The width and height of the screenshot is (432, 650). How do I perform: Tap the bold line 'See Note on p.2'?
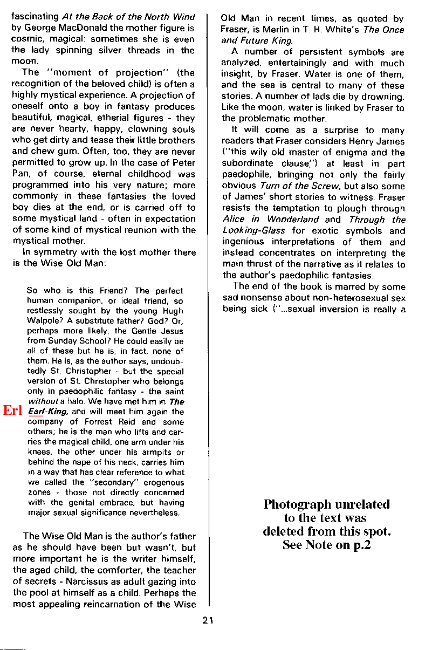pyautogui.click(x=326, y=545)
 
